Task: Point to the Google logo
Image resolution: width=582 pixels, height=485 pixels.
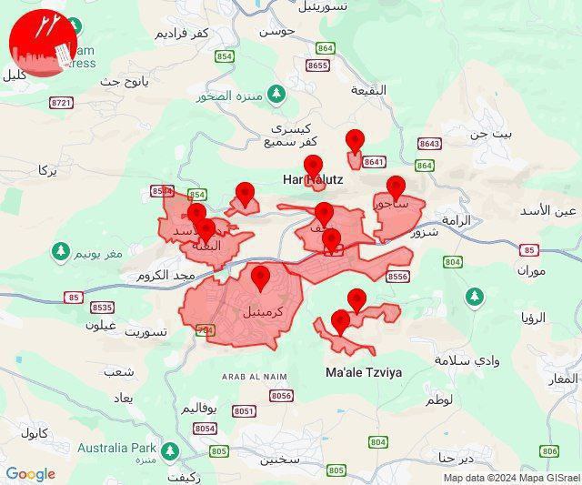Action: pyautogui.click(x=30, y=474)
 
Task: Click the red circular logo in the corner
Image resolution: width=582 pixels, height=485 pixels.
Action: pyautogui.click(x=42, y=45)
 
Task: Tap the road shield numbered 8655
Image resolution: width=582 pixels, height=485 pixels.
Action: pyautogui.click(x=317, y=66)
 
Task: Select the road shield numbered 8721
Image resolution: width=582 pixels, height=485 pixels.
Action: pyautogui.click(x=62, y=103)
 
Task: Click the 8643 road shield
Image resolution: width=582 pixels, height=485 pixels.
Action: pyautogui.click(x=429, y=144)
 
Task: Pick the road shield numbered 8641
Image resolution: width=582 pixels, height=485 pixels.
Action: pyautogui.click(x=374, y=162)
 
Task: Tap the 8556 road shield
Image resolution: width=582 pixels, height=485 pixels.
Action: pyautogui.click(x=397, y=277)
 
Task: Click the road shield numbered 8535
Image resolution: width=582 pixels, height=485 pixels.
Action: pyautogui.click(x=103, y=308)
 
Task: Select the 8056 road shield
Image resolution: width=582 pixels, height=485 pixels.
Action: pyautogui.click(x=281, y=395)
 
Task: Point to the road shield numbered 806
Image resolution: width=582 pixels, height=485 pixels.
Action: pyautogui.click(x=549, y=450)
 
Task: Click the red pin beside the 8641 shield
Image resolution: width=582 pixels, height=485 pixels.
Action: pyautogui.click(x=355, y=141)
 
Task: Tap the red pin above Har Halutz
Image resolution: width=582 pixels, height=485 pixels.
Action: pyautogui.click(x=313, y=166)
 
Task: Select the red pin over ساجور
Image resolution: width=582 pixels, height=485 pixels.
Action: pyautogui.click(x=395, y=187)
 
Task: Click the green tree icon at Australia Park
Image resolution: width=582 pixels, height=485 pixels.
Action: pyautogui.click(x=169, y=450)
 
